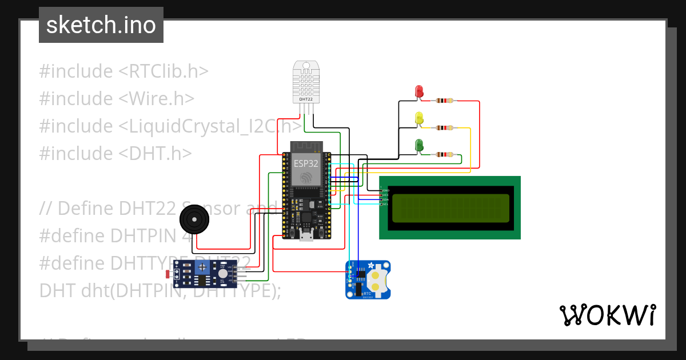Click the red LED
[x=419, y=91]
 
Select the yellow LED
[x=419, y=119]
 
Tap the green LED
[x=419, y=146]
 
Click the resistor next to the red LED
[x=444, y=101]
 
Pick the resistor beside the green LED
[x=444, y=154]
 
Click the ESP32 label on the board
[x=306, y=163]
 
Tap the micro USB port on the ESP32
[x=306, y=235]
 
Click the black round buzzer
[x=194, y=220]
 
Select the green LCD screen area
[x=450, y=208]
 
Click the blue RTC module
[x=368, y=279]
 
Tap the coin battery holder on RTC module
[x=377, y=279]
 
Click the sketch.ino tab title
[x=101, y=25]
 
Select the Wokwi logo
[x=607, y=315]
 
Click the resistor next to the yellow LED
[x=444, y=128]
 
